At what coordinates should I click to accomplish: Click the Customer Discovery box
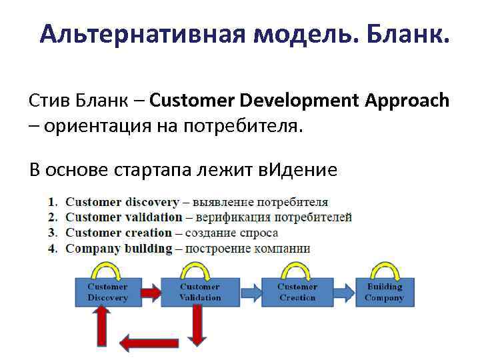coord(107,292)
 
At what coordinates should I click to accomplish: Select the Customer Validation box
coord(200,292)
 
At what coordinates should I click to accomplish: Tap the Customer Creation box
coord(297,292)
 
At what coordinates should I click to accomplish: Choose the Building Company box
coord(384,292)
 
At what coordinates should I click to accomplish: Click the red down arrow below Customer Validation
coord(197,324)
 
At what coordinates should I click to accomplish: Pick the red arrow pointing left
coord(143,343)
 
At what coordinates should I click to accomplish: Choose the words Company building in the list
coord(119,249)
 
